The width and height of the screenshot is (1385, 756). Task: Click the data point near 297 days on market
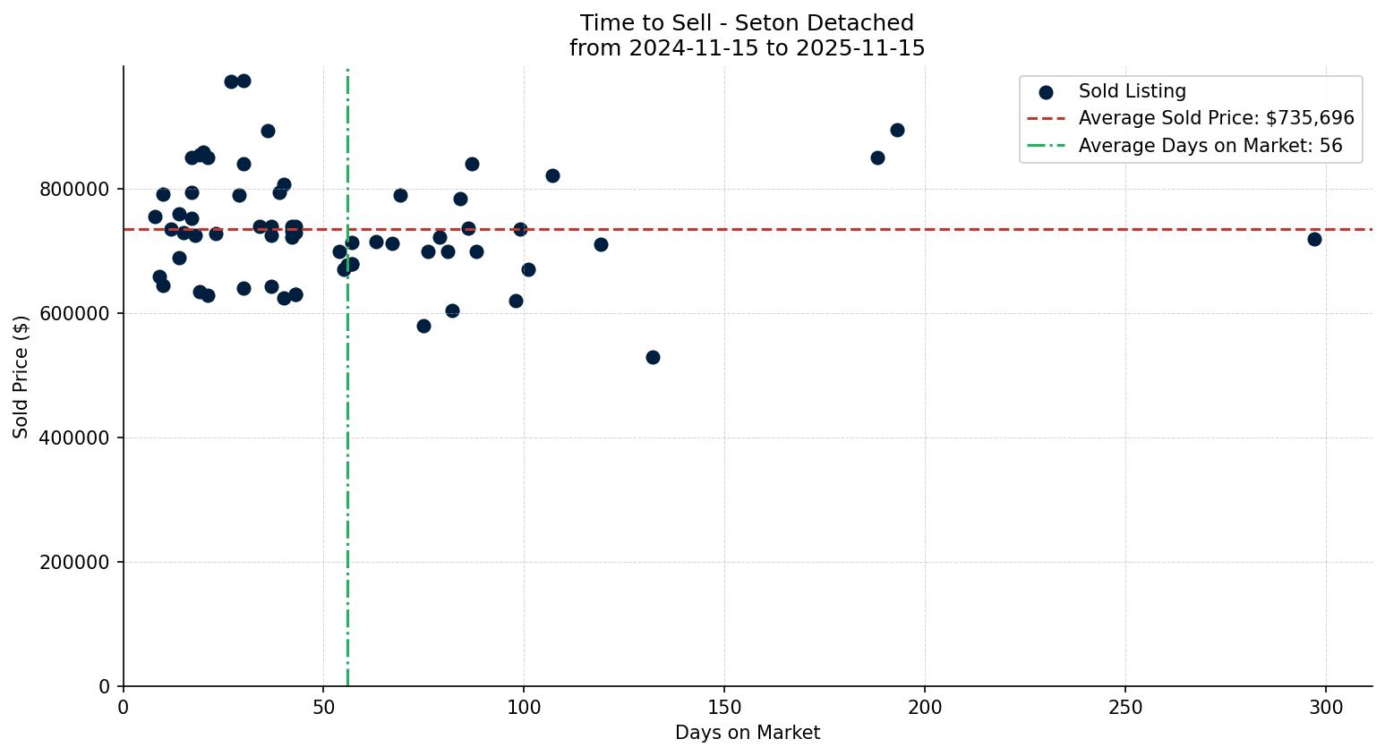pos(1314,239)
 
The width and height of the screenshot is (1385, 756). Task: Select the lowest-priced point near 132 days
pos(653,357)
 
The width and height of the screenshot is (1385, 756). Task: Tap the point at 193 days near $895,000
pos(897,130)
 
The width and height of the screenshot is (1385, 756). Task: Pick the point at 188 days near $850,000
pos(877,157)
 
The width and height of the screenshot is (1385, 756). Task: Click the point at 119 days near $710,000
pos(601,244)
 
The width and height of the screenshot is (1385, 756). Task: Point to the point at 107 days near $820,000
pos(552,175)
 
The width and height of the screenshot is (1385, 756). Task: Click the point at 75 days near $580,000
pos(423,326)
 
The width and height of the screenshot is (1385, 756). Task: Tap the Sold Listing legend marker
pos(1046,92)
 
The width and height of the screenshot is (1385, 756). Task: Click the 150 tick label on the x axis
pos(724,708)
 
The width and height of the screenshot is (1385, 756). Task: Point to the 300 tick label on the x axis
pos(1326,708)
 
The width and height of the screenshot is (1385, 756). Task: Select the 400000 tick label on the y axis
pos(74,438)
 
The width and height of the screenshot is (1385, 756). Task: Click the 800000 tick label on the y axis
pos(74,190)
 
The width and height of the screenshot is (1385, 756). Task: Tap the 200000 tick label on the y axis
pos(74,563)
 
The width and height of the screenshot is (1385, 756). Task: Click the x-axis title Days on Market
pos(748,733)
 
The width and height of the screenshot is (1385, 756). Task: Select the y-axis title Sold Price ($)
pos(21,377)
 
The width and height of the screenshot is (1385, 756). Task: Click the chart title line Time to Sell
pos(747,23)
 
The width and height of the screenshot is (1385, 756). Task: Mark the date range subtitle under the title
pos(747,48)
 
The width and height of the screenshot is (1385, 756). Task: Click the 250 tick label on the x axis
pos(1125,708)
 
